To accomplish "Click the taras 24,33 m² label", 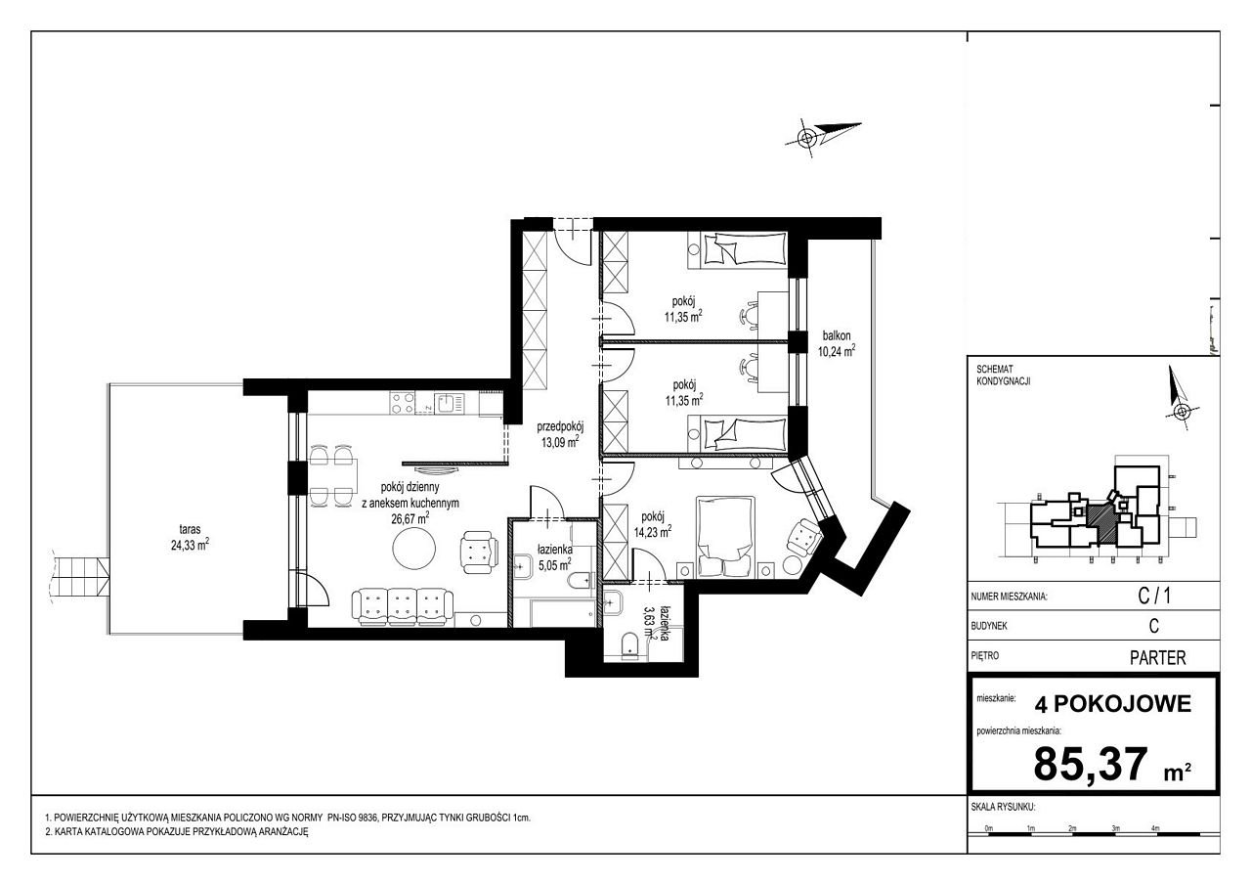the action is (190, 537).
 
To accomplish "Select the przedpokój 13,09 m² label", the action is (560, 435).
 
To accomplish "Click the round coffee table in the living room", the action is (413, 548).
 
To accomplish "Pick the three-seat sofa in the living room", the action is (403, 606).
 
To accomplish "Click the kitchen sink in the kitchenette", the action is (450, 403).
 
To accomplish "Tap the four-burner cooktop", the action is (402, 404).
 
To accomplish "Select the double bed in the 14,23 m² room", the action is (725, 536).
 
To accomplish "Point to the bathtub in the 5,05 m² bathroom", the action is (563, 613).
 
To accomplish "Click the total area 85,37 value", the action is (1090, 764).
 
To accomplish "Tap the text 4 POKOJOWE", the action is (1113, 704).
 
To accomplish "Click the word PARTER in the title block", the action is (1158, 657).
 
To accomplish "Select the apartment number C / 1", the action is (1154, 597).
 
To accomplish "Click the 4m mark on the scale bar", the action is (1155, 828).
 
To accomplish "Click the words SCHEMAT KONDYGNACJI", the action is (1003, 376).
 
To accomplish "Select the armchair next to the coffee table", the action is (479, 552).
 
